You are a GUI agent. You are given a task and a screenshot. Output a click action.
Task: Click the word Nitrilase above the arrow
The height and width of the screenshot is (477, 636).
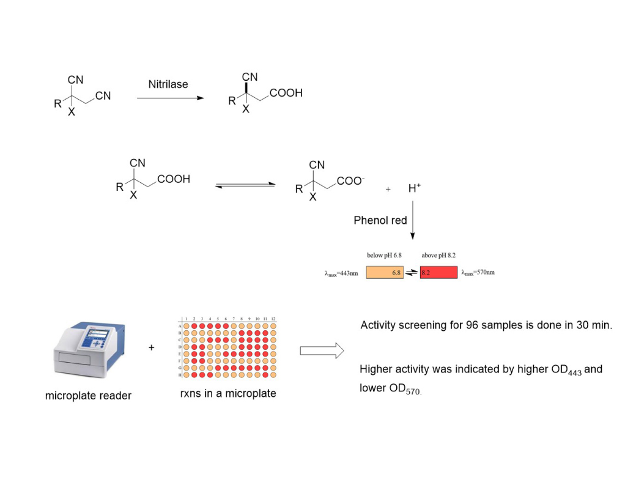point(168,84)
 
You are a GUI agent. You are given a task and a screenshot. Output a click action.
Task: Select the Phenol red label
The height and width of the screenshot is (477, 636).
point(380,220)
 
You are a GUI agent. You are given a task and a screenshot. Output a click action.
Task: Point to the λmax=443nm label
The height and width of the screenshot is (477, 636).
point(341,273)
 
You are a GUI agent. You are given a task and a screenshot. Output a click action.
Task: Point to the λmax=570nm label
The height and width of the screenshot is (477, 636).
point(478,273)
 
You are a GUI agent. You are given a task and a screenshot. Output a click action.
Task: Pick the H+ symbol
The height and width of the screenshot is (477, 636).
point(414,189)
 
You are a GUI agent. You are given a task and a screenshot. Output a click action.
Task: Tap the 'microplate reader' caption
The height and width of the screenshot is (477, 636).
point(88,396)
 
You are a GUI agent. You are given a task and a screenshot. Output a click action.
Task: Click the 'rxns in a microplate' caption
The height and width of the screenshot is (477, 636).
point(228,393)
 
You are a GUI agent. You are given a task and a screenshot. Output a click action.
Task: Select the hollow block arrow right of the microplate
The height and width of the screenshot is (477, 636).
point(321,350)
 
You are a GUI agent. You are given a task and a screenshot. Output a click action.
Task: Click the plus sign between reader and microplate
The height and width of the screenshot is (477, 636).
point(151,348)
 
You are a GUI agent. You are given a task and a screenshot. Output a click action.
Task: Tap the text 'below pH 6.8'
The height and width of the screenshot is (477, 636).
point(383,255)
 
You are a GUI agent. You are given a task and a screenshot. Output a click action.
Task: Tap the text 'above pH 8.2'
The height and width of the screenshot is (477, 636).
point(438,255)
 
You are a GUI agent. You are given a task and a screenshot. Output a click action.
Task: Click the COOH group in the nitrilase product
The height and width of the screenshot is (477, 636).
point(286,94)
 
